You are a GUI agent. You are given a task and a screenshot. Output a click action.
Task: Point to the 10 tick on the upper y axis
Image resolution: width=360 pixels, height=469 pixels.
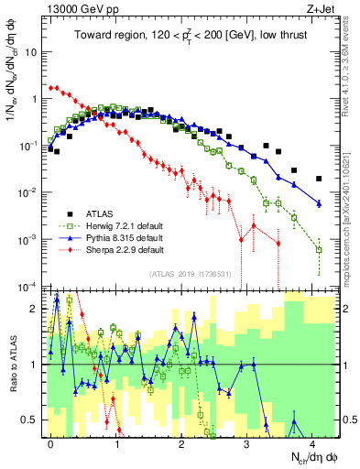tap(29, 51)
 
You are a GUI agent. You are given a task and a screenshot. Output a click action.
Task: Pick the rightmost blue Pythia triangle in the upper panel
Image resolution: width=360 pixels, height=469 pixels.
tap(319, 202)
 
